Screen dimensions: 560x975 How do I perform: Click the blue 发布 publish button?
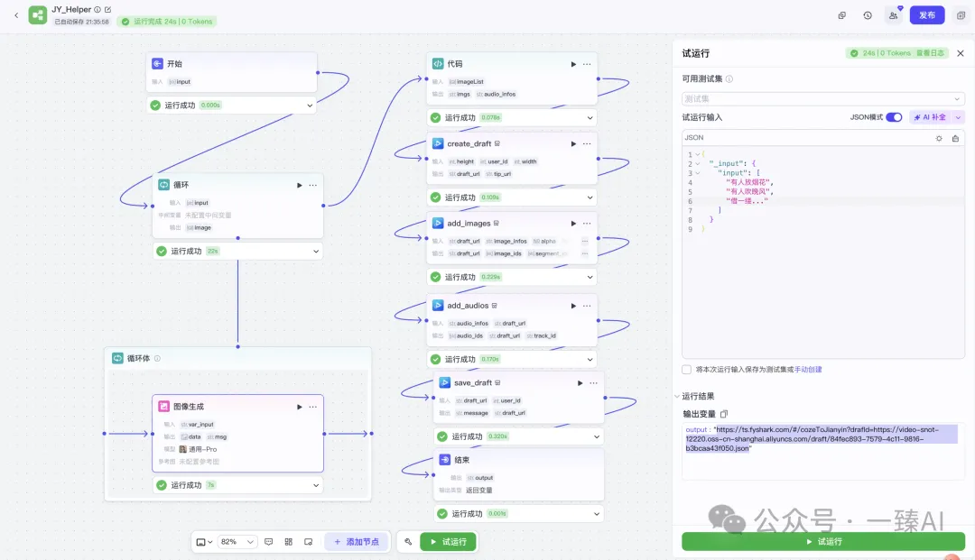coord(926,15)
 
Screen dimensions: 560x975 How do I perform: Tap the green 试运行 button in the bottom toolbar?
coord(448,542)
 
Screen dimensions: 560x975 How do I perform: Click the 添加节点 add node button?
coord(357,542)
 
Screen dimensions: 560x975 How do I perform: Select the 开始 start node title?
coord(175,64)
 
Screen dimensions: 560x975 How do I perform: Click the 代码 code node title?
coord(455,64)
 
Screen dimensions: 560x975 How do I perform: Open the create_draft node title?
coord(469,143)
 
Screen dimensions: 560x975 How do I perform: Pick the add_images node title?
coord(468,223)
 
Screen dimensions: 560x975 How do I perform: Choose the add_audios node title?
coord(468,305)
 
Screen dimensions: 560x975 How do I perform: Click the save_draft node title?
coord(473,382)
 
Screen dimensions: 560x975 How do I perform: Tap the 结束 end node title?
coord(463,459)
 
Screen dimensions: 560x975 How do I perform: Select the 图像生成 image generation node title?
coord(188,407)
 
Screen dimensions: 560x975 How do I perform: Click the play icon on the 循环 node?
coord(300,185)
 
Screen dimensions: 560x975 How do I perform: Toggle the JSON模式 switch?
coord(894,117)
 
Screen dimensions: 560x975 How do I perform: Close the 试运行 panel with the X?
coord(961,53)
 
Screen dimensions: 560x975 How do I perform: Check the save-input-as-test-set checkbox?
coord(687,369)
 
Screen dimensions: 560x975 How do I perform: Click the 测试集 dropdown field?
coord(822,98)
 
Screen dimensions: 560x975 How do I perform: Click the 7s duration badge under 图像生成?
coord(210,485)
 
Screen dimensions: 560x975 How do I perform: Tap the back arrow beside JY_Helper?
coord(15,15)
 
